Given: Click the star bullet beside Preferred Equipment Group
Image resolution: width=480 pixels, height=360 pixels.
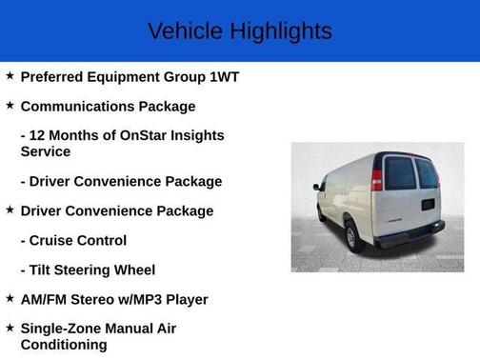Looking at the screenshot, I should pos(10,76).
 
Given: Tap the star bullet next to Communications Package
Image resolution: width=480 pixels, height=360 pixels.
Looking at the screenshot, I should pos(10,106).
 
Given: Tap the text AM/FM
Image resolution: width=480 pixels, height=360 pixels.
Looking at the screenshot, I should pos(47,299).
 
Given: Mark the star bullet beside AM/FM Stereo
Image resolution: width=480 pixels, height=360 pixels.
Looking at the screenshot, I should pos(10,298).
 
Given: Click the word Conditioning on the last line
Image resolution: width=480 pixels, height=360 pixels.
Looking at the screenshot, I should pos(64,345).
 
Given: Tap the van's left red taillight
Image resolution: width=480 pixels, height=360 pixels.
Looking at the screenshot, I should pos(377,178).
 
